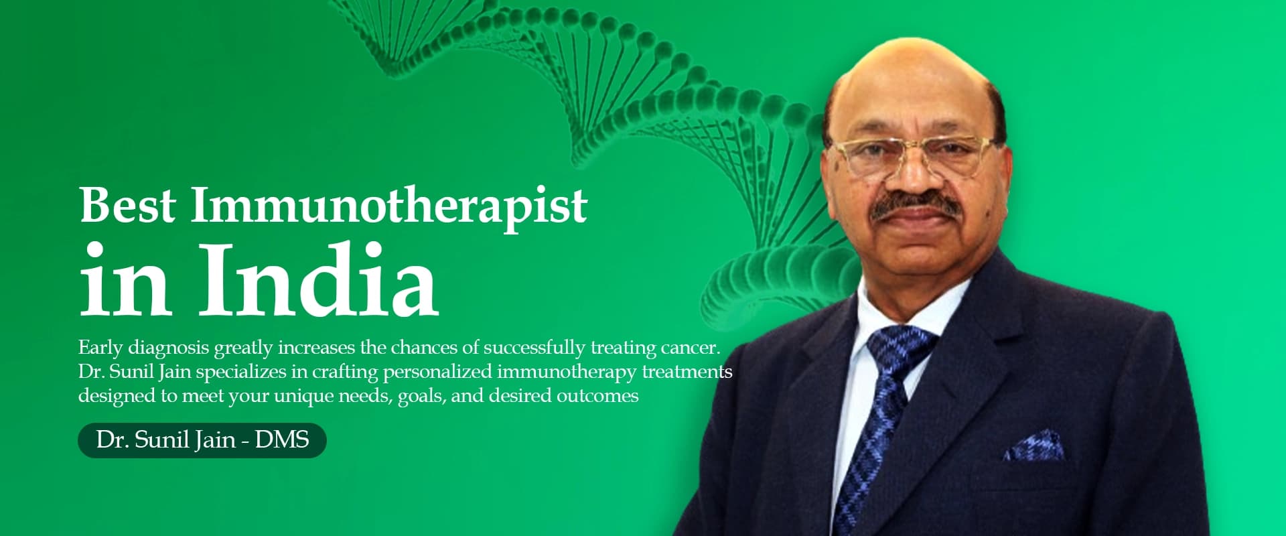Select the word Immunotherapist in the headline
tap(389, 206)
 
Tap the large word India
tap(319, 281)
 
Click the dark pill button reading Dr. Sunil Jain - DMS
tap(202, 440)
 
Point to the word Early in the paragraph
tap(100, 348)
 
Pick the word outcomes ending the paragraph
tap(597, 396)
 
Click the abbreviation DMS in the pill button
tap(282, 440)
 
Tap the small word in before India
tap(124, 281)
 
